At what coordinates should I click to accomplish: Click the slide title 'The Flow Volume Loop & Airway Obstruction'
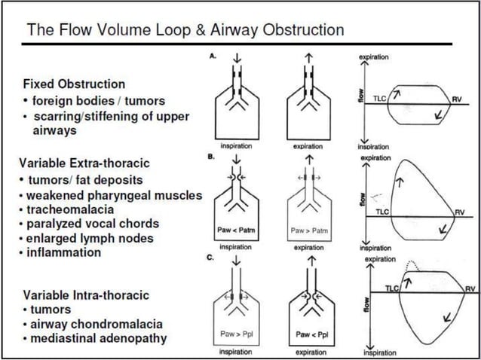[x=185, y=30]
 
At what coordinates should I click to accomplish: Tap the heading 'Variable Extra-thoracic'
[x=84, y=163]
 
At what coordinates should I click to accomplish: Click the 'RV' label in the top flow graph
[x=457, y=99]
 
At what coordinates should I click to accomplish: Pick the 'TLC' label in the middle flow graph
[x=383, y=213]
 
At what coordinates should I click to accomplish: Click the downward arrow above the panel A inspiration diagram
[x=235, y=63]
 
